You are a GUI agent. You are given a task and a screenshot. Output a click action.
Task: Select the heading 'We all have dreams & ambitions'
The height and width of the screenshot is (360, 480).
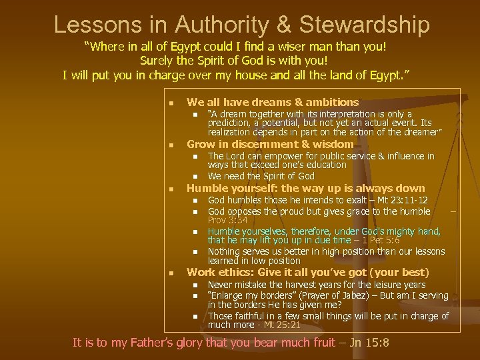pyautogui.click(x=273, y=102)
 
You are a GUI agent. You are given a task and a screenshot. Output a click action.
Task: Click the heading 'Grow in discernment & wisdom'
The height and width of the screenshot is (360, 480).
pyautogui.click(x=270, y=144)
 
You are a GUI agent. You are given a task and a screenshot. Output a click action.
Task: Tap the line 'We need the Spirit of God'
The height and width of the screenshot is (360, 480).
pyautogui.click(x=261, y=176)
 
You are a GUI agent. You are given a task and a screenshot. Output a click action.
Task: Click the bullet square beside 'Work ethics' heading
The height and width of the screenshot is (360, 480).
pyautogui.click(x=171, y=273)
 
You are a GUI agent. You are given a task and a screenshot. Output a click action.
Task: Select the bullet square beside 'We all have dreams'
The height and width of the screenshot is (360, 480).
pyautogui.click(x=171, y=103)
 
